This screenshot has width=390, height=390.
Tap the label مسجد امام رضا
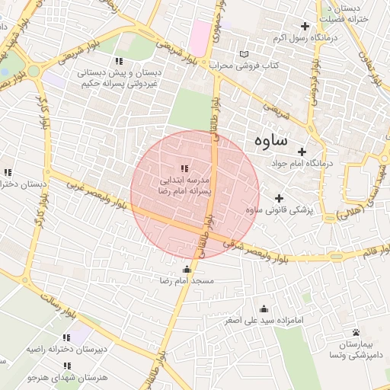(x=187, y=281)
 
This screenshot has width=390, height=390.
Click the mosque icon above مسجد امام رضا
(x=187, y=269)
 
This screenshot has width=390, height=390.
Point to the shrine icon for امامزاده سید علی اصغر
(x=264, y=308)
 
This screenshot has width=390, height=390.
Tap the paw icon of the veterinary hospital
(x=356, y=332)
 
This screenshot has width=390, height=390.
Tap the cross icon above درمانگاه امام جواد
(x=302, y=152)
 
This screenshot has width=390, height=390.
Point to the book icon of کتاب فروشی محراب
(x=244, y=54)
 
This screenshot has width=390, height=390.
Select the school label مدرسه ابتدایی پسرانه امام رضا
(x=184, y=184)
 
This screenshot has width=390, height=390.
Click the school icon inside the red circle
(x=184, y=168)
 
